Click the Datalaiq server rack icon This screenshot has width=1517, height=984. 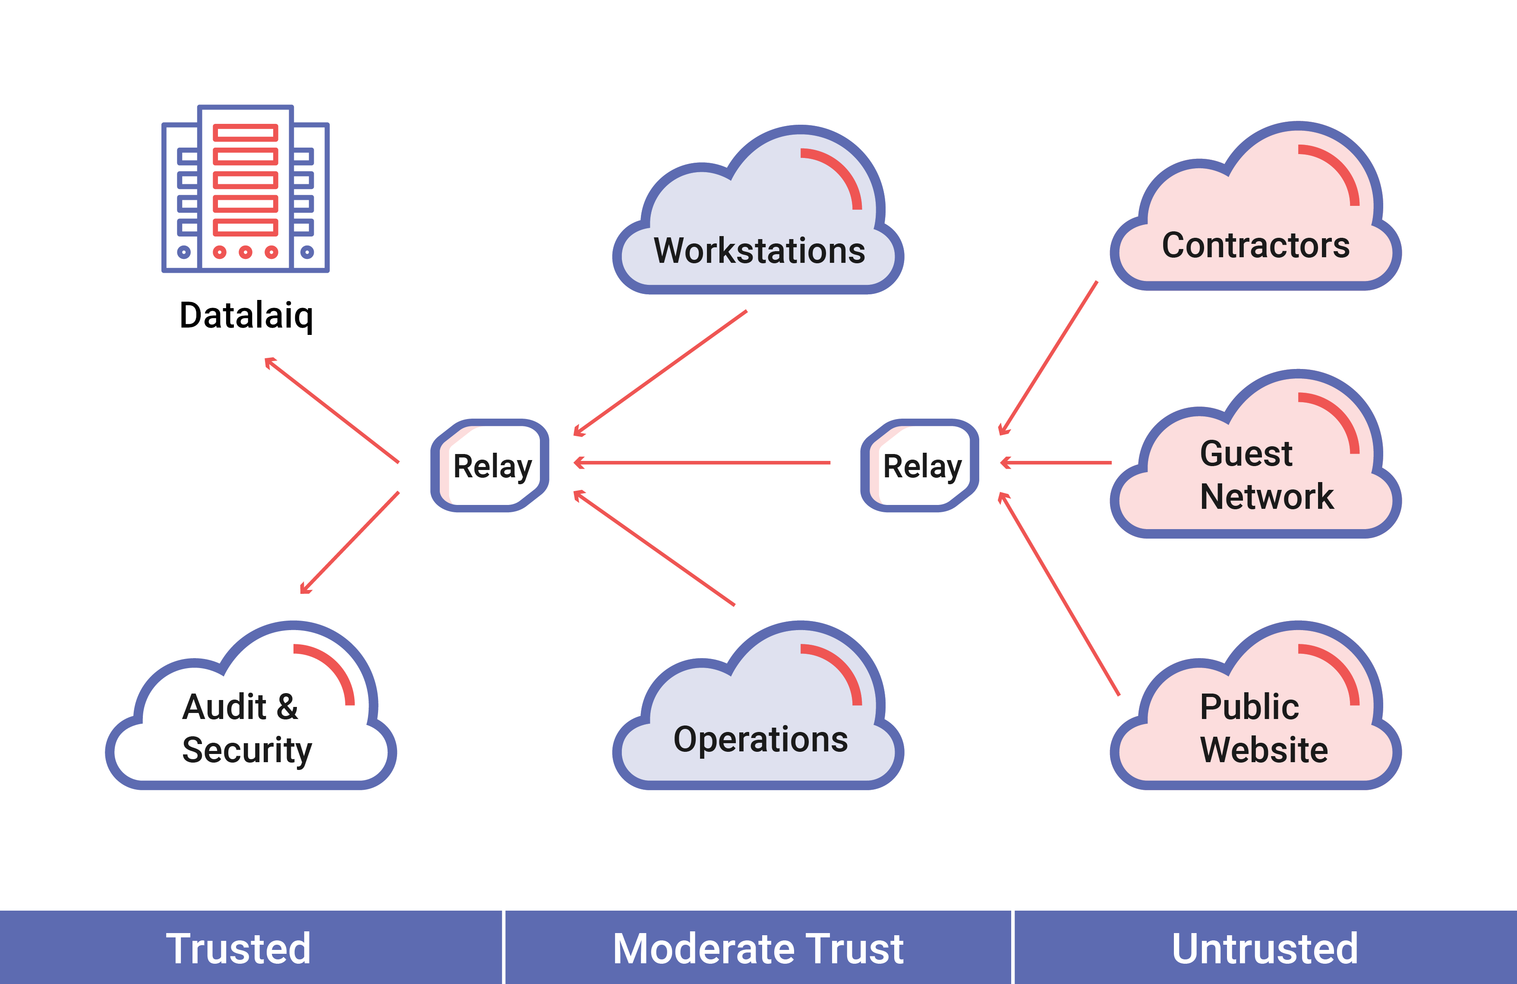click(246, 189)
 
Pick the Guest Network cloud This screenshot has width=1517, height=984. click(1255, 454)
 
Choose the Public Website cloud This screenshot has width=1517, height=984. click(1255, 706)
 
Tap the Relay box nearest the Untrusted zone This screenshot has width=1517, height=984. click(920, 465)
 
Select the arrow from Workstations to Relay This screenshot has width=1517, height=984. click(660, 373)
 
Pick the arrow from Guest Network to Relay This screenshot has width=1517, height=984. click(1056, 463)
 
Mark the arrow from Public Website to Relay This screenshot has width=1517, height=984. click(1059, 594)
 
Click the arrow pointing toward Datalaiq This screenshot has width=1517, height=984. click(331, 410)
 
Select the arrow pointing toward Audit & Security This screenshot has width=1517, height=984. click(349, 542)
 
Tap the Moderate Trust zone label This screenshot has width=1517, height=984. click(758, 949)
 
